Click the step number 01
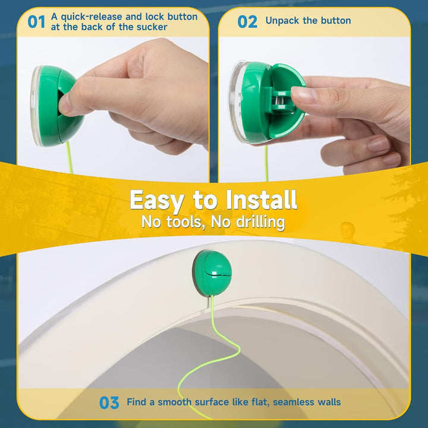[x=36, y=21]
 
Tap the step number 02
[x=247, y=21]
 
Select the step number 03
[x=109, y=402]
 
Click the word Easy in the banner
[x=156, y=200]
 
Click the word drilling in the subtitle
[x=260, y=222]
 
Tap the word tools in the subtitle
[x=184, y=222]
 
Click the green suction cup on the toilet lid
[x=212, y=273]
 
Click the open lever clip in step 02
[x=282, y=102]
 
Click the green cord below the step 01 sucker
[x=70, y=158]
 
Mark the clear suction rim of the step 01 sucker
[x=36, y=106]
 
